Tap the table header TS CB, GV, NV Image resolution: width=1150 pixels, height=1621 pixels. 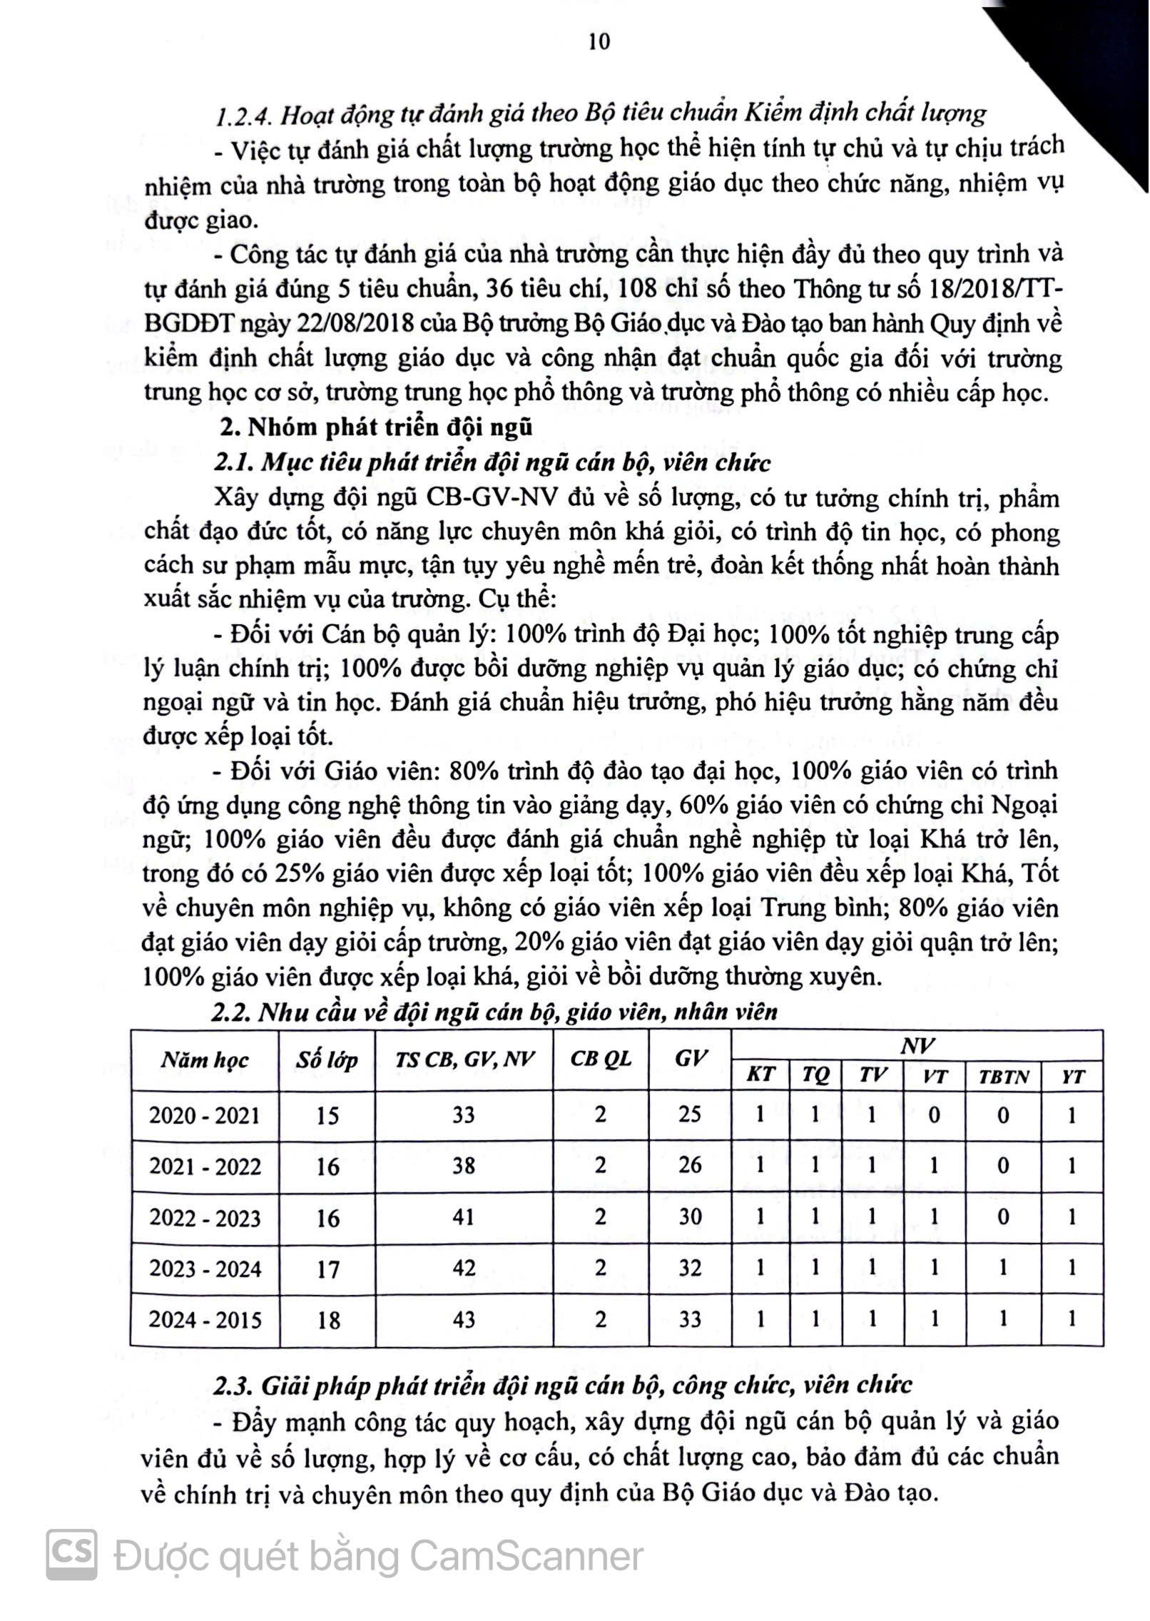click(464, 1059)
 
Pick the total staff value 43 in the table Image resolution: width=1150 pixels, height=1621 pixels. click(464, 1319)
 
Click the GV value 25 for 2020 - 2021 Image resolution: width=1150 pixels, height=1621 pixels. click(690, 1114)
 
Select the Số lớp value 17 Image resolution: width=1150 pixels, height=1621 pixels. click(327, 1269)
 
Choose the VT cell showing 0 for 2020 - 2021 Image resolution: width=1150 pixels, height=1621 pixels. click(934, 1114)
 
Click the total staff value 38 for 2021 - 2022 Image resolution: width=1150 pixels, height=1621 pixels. click(464, 1166)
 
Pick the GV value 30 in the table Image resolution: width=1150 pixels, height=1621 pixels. click(690, 1216)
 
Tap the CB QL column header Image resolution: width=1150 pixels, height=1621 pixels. click(601, 1059)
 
